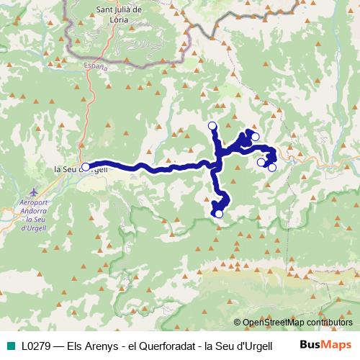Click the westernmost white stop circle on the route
(86, 167)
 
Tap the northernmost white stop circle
(212, 127)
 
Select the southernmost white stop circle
(219, 213)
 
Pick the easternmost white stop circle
(272, 168)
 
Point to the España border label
(96, 66)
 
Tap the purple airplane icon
(35, 193)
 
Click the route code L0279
(36, 345)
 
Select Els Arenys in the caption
(91, 345)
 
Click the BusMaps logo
(325, 344)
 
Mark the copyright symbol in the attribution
(238, 323)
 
